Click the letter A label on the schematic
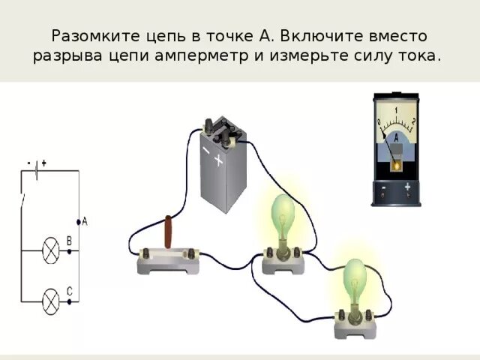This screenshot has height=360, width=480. click(x=85, y=221)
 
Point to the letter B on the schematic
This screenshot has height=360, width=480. click(x=70, y=241)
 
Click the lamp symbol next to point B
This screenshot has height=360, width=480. click(x=50, y=250)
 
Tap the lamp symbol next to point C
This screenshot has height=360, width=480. click(x=50, y=301)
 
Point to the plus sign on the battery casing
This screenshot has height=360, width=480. click(x=220, y=160)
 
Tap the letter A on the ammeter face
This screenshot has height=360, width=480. click(x=396, y=138)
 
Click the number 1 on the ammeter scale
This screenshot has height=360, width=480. click(x=396, y=111)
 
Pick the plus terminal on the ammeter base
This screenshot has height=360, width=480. click(x=407, y=187)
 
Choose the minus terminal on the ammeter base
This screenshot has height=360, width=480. click(x=384, y=187)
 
